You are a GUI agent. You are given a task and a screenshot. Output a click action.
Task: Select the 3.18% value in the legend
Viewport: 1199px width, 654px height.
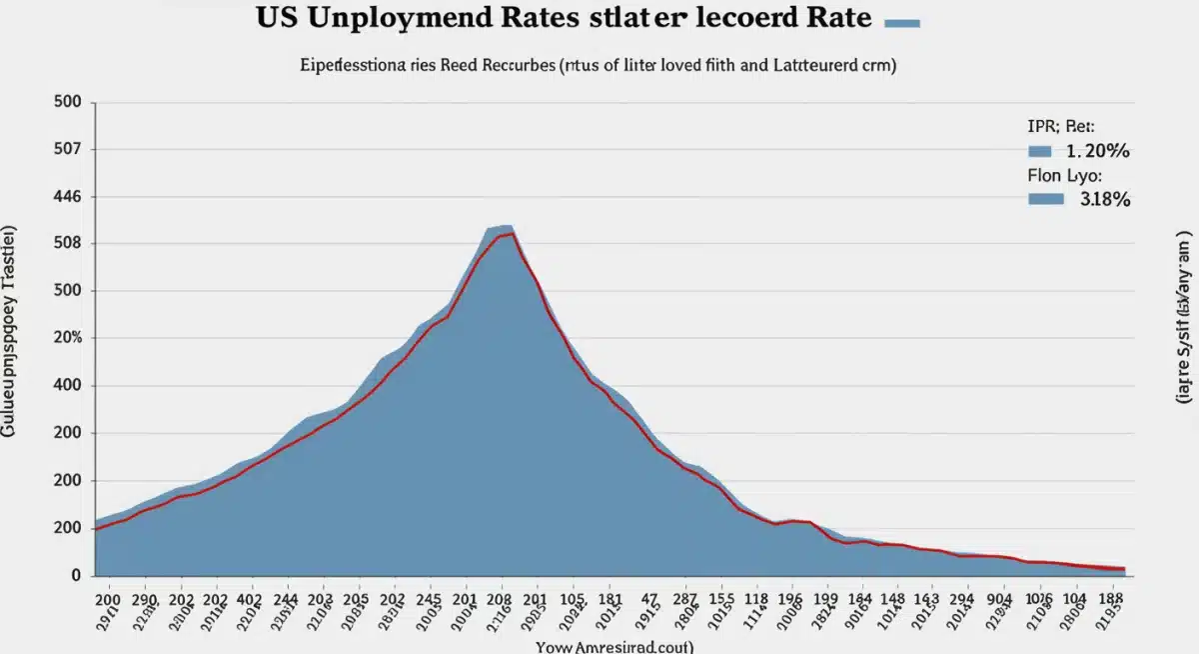click(x=1104, y=199)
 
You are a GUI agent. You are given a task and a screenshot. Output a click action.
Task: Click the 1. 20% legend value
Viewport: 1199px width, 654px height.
click(x=1097, y=152)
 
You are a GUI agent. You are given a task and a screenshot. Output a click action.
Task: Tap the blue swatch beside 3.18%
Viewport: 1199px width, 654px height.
click(x=1045, y=199)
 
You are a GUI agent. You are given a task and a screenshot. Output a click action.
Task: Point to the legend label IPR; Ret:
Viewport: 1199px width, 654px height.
click(x=1060, y=128)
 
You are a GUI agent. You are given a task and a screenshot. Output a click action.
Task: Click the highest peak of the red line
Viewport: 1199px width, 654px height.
click(x=512, y=234)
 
